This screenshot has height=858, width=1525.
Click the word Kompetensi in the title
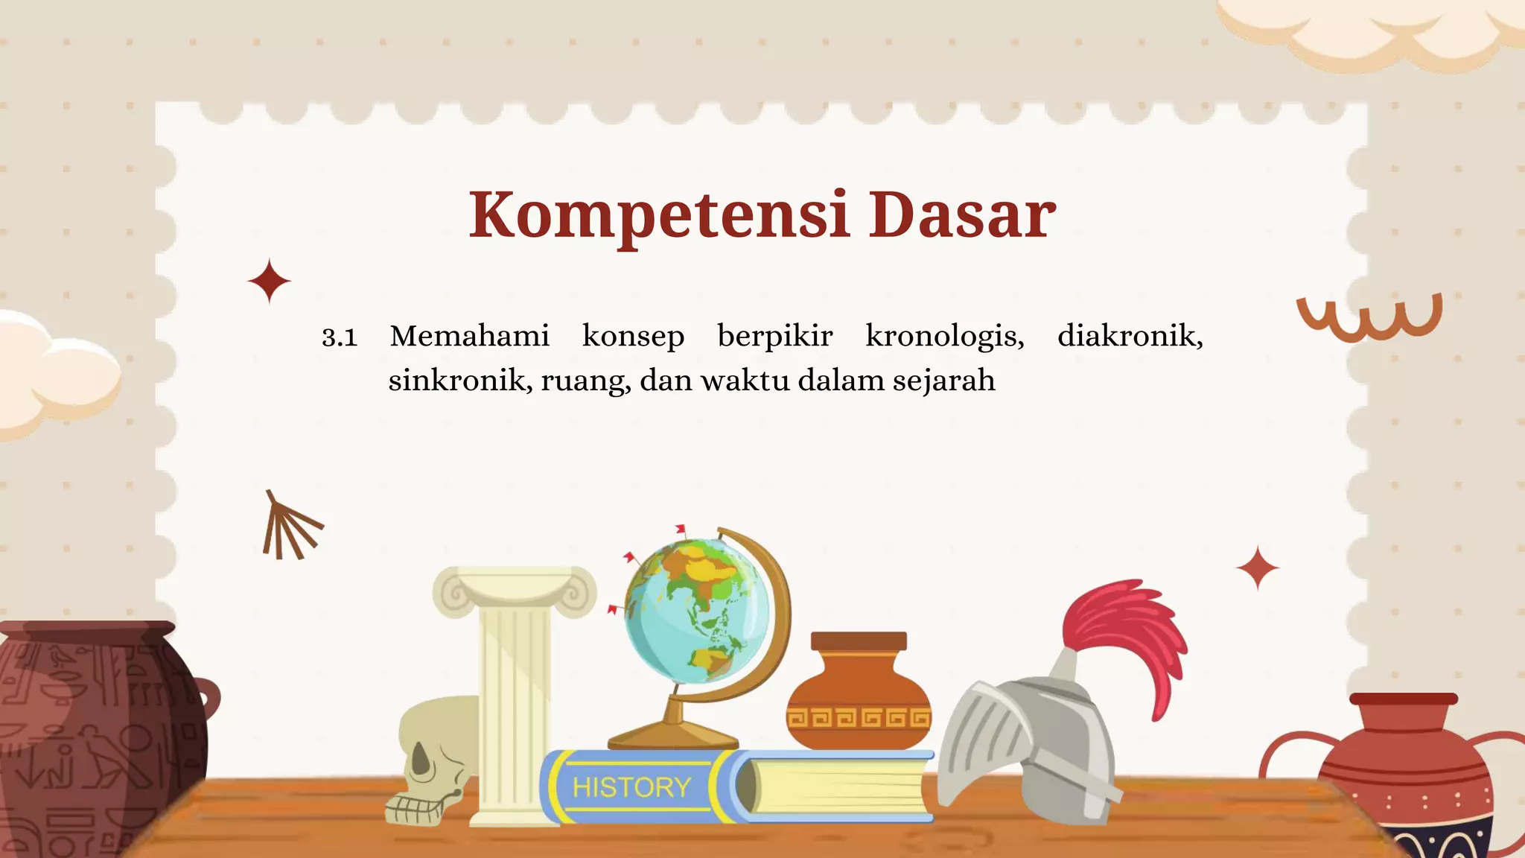pos(659,215)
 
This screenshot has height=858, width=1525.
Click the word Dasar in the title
pos(962,215)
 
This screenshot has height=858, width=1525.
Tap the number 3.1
pos(340,337)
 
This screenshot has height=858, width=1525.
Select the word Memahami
pos(470,337)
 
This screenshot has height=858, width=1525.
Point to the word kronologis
pos(944,337)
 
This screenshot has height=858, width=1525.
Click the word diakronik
pos(1130,337)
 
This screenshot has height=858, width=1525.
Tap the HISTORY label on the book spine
pos(631,787)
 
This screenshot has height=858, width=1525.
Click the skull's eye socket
pos(421,760)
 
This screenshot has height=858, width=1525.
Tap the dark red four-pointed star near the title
pos(269,282)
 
